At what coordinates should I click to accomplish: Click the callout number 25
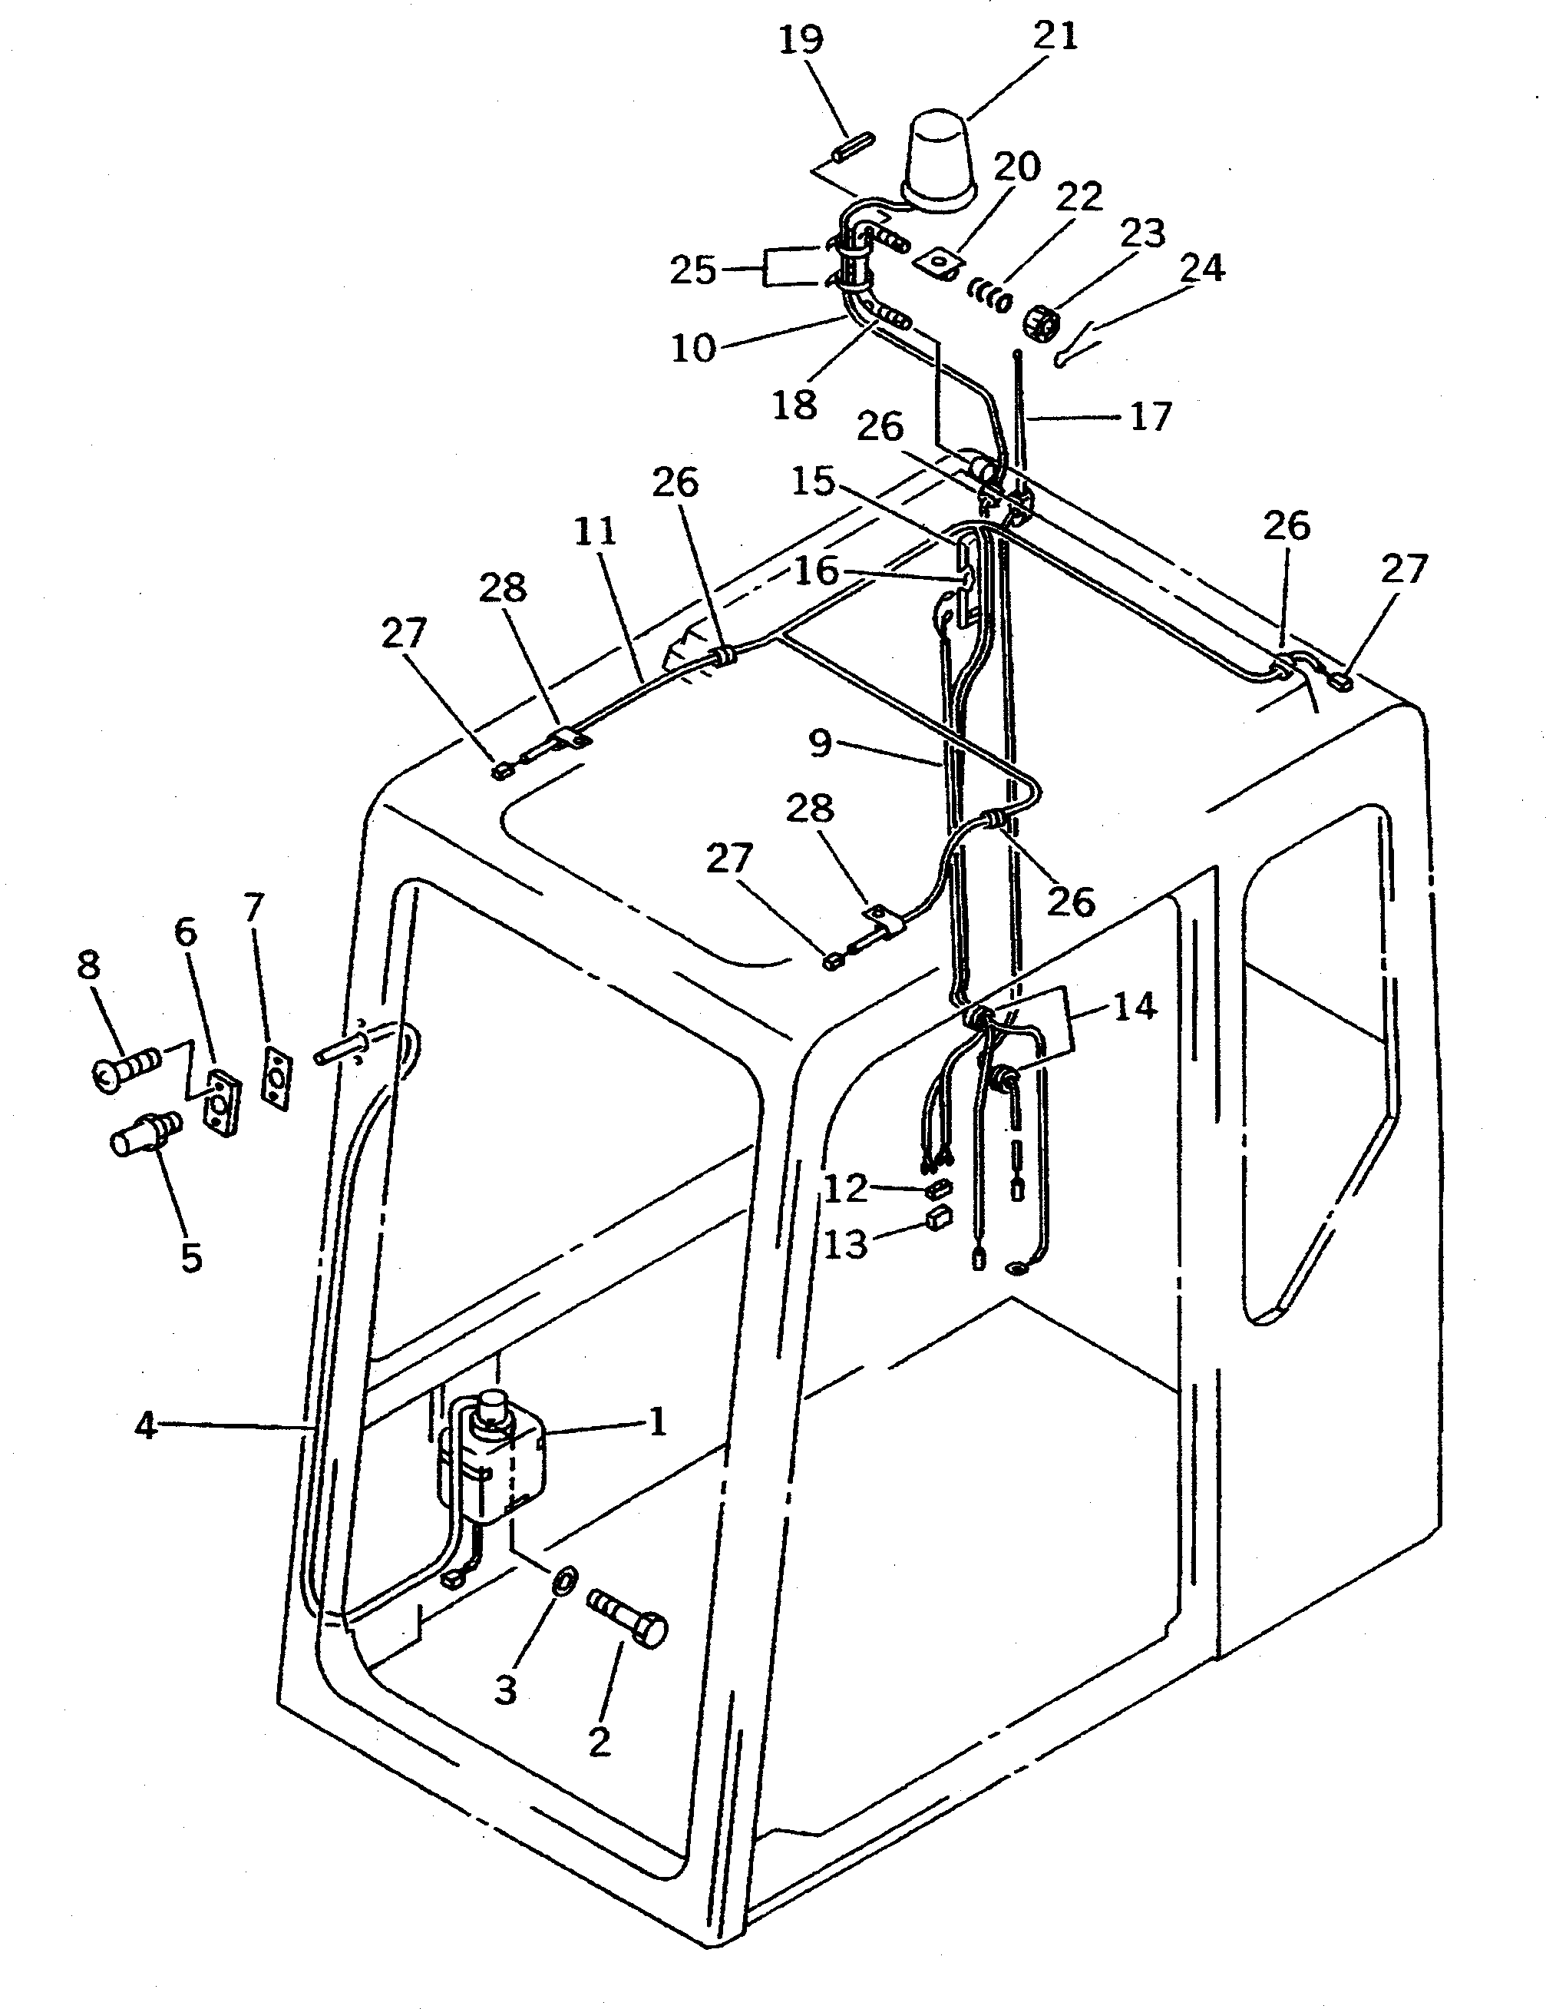coord(692,271)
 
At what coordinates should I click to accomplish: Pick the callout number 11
coord(595,533)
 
